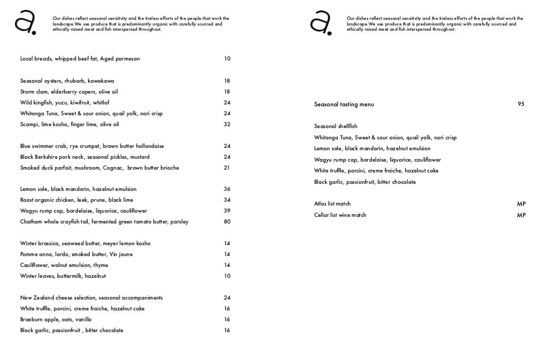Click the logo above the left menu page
[25, 23]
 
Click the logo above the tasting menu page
[321, 23]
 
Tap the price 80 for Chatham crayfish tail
[227, 222]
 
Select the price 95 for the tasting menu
[521, 104]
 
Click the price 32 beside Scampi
[227, 124]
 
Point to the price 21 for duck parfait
[227, 168]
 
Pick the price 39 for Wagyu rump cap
[227, 211]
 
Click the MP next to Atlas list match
[521, 204]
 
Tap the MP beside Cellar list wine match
[521, 215]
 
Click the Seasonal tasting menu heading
[344, 104]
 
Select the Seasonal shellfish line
[335, 126]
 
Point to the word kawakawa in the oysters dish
[101, 81]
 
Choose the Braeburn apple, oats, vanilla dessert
[56, 319]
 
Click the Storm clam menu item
[69, 92]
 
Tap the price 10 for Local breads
[227, 59]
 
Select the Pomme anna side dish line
[76, 254]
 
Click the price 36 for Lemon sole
[227, 189]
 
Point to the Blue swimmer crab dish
[92, 146]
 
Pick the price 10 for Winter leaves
[227, 276]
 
